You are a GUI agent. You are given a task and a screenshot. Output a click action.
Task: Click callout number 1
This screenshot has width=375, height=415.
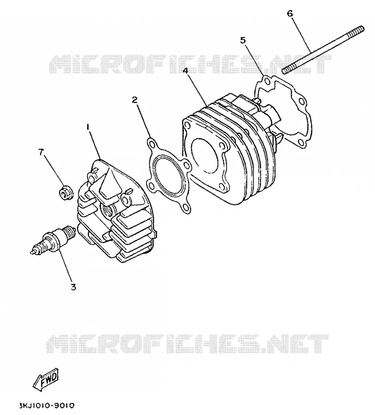(x=88, y=127)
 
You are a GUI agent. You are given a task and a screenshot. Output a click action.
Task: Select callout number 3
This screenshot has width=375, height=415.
(x=73, y=287)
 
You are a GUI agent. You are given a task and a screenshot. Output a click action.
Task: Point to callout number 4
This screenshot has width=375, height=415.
(x=186, y=71)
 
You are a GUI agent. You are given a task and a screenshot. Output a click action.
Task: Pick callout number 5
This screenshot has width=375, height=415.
(x=243, y=40)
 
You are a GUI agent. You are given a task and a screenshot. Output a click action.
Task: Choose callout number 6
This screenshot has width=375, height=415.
(x=290, y=13)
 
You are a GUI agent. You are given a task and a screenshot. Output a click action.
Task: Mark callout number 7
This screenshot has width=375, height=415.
(x=41, y=152)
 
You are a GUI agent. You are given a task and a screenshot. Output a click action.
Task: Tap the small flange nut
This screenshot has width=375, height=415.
(x=64, y=193)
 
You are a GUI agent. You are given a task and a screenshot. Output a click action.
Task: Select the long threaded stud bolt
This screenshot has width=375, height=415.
(x=323, y=50)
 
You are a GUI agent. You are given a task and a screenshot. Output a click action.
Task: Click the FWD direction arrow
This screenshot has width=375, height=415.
(x=46, y=379)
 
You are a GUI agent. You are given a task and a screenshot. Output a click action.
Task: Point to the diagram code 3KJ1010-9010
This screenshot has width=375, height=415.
(x=47, y=405)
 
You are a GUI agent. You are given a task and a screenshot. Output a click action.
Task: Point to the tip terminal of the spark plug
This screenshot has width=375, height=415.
(x=32, y=252)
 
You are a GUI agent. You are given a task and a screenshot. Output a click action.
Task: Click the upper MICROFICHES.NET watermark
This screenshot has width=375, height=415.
(x=190, y=64)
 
